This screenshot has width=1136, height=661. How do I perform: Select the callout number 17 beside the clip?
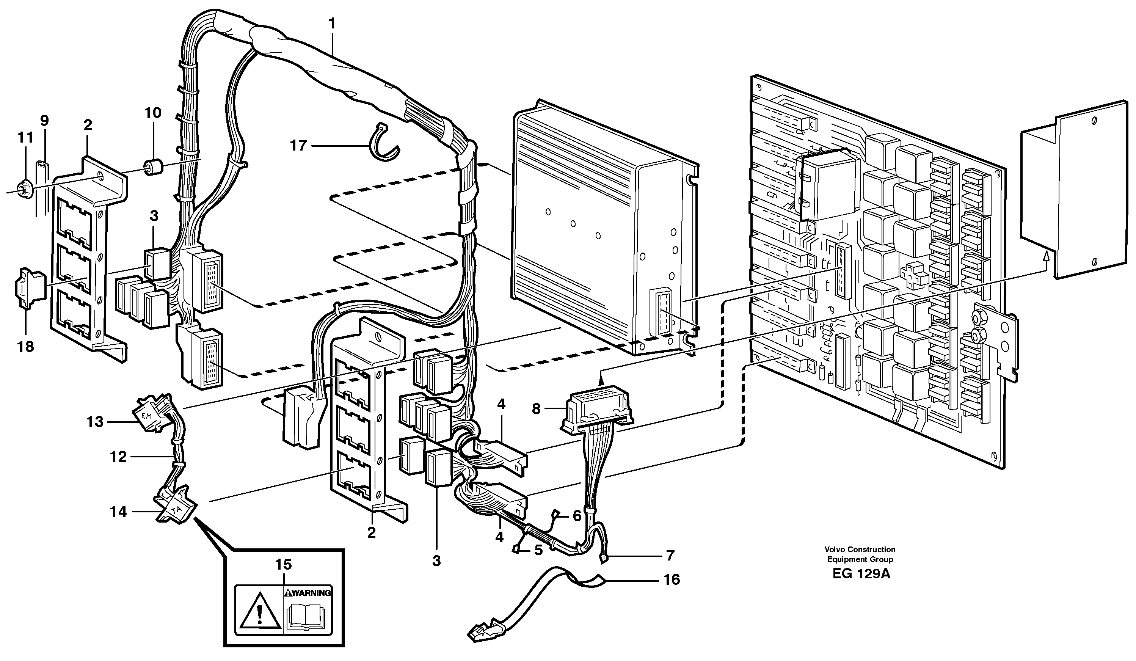point(298,146)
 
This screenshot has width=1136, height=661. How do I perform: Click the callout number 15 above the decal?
point(284,565)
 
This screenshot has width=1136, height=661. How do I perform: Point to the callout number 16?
point(671,579)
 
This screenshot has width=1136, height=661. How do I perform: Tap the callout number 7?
point(670,556)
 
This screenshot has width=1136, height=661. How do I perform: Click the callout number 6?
point(577,516)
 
